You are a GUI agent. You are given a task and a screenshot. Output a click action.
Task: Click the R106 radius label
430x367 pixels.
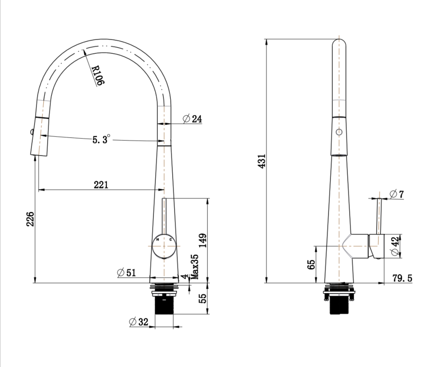(98, 75)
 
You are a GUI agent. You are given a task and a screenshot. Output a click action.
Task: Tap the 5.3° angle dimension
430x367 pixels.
(101, 139)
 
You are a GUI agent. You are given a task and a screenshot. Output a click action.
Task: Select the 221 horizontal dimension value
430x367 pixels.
(101, 185)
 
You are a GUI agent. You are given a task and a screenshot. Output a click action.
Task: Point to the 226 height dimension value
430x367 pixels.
(30, 219)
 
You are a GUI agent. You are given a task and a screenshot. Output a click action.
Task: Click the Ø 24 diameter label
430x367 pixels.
(192, 119)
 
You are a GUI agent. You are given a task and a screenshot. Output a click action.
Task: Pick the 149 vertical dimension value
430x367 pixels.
(203, 240)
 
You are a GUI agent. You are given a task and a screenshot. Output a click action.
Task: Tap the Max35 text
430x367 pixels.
(194, 267)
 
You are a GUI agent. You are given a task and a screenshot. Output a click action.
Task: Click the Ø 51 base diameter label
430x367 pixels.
(126, 272)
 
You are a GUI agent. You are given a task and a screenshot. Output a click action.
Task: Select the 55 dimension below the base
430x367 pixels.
(203, 298)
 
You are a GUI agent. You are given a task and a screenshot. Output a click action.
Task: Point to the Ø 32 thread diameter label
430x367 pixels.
(139, 322)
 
